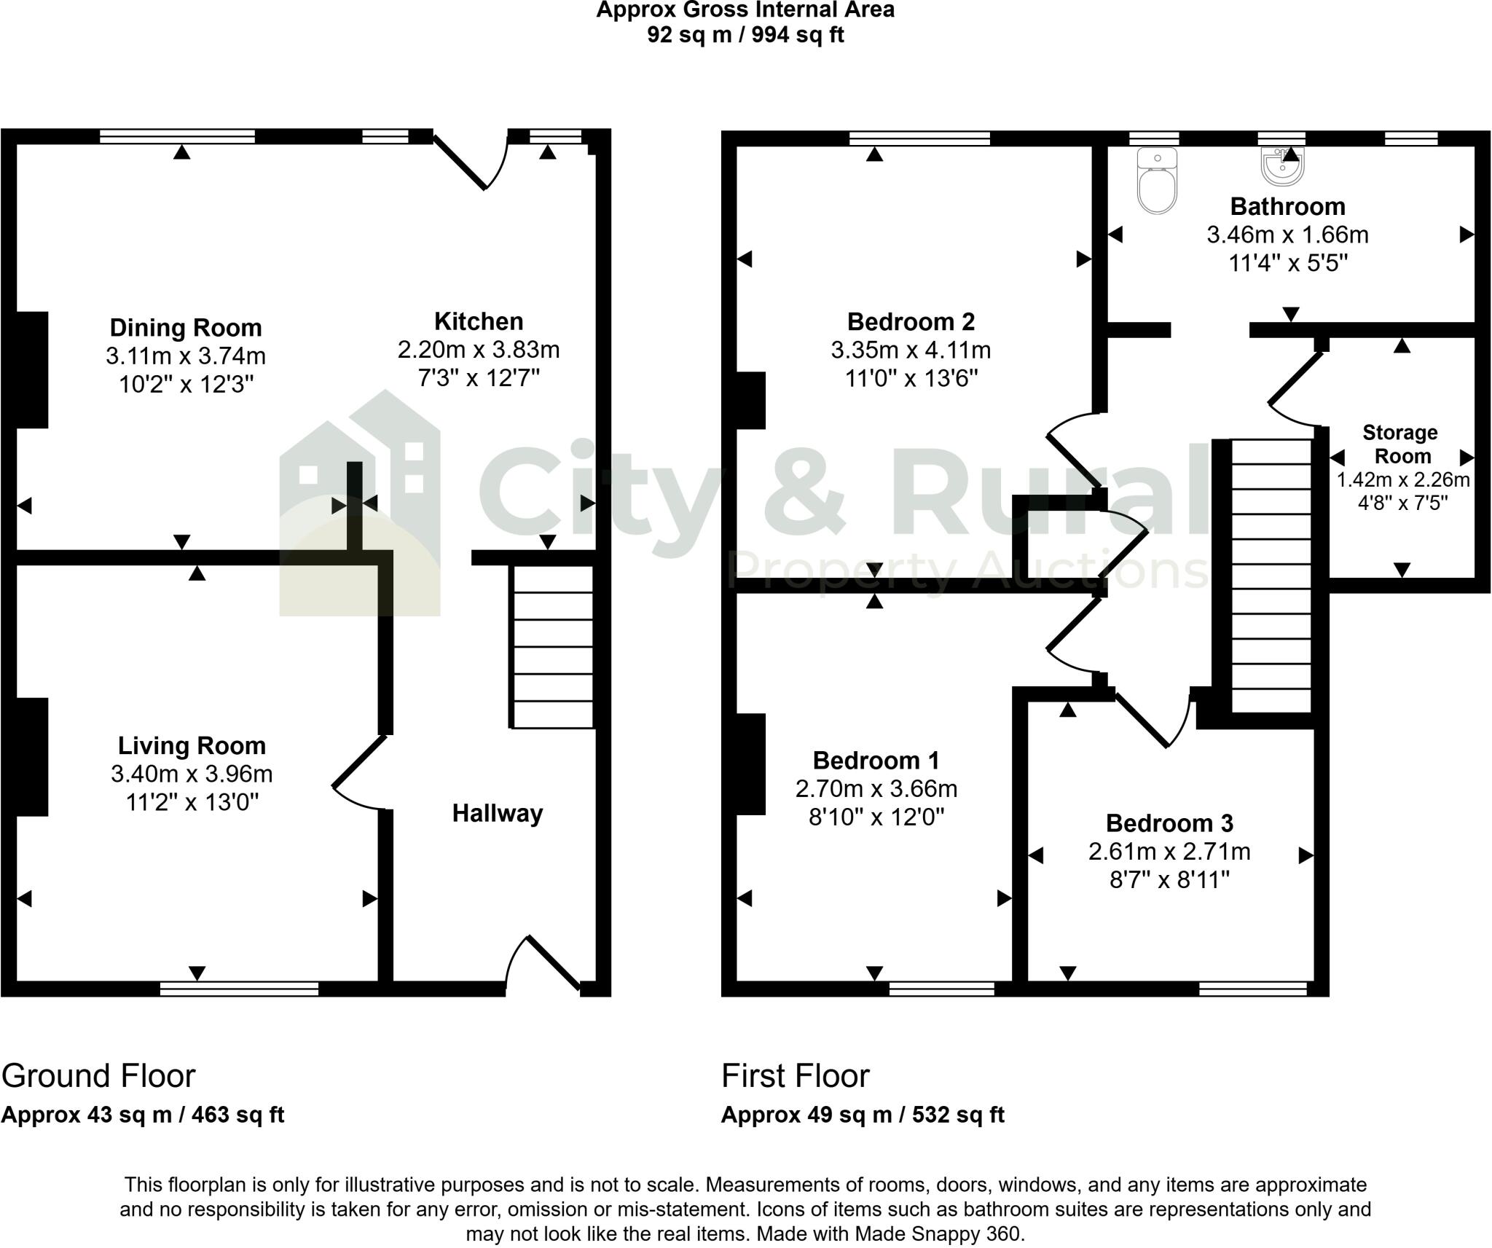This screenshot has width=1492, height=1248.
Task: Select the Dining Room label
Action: coord(186,328)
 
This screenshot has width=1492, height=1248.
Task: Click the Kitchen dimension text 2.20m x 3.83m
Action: coord(479,350)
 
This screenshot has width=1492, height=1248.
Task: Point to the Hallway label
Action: coord(498,813)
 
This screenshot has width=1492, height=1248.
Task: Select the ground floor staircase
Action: coord(551,647)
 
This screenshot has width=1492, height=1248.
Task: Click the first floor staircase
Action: coord(1271,576)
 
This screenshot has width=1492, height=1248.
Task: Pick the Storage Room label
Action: coord(1401,444)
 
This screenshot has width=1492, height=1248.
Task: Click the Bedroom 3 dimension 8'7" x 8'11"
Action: coord(1169,880)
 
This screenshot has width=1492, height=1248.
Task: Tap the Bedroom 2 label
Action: coord(911,321)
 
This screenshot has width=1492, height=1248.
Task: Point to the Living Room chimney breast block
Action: coord(32,757)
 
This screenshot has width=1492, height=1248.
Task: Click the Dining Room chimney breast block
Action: coord(32,370)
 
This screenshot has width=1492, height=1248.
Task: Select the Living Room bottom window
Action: coord(239,989)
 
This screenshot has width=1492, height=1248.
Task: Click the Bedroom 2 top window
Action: coord(919,138)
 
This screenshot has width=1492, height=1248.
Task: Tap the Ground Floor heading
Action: coord(98,1076)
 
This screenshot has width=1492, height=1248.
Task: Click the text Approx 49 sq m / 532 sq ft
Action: coord(863,1115)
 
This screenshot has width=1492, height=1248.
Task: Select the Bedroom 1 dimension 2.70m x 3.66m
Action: coord(876,789)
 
